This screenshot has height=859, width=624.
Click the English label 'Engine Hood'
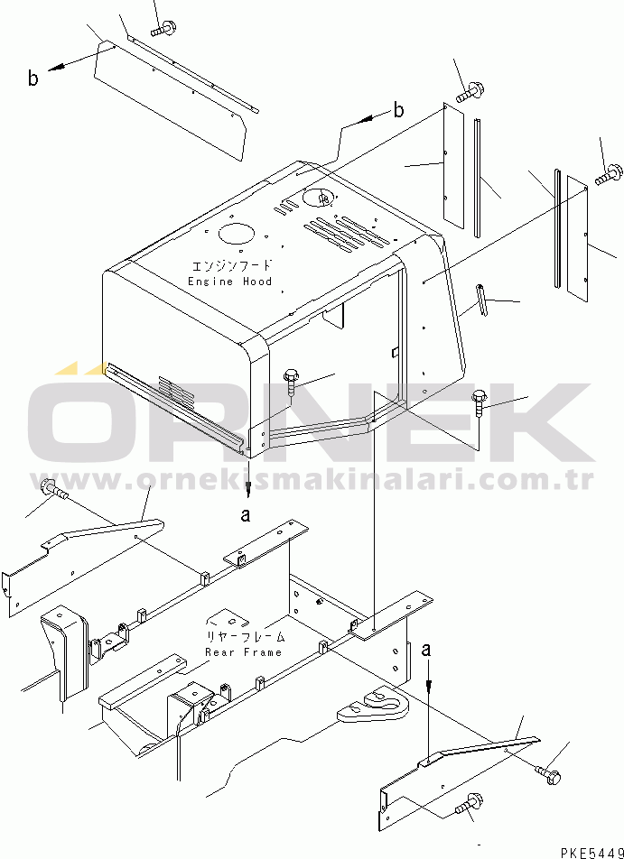pyautogui.click(x=229, y=282)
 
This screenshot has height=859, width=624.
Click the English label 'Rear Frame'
pyautogui.click(x=244, y=652)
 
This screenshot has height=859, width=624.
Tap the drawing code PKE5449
pyautogui.click(x=591, y=853)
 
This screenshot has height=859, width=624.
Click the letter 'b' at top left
pyautogui.click(x=33, y=79)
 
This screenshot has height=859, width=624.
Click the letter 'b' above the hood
pyautogui.click(x=398, y=110)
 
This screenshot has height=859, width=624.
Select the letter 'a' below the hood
pyautogui.click(x=247, y=515)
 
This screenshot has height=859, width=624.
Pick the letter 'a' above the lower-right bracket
pyautogui.click(x=426, y=651)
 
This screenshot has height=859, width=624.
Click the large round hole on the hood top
pyautogui.click(x=237, y=234)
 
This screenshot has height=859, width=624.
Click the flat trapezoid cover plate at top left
pyautogui.click(x=171, y=102)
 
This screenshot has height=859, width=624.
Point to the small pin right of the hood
pyautogui.click(x=482, y=300)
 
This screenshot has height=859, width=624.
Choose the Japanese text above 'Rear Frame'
pyautogui.click(x=245, y=637)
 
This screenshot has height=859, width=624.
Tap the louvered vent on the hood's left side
pyautogui.click(x=176, y=393)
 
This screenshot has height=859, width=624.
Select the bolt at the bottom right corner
pyautogui.click(x=547, y=772)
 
